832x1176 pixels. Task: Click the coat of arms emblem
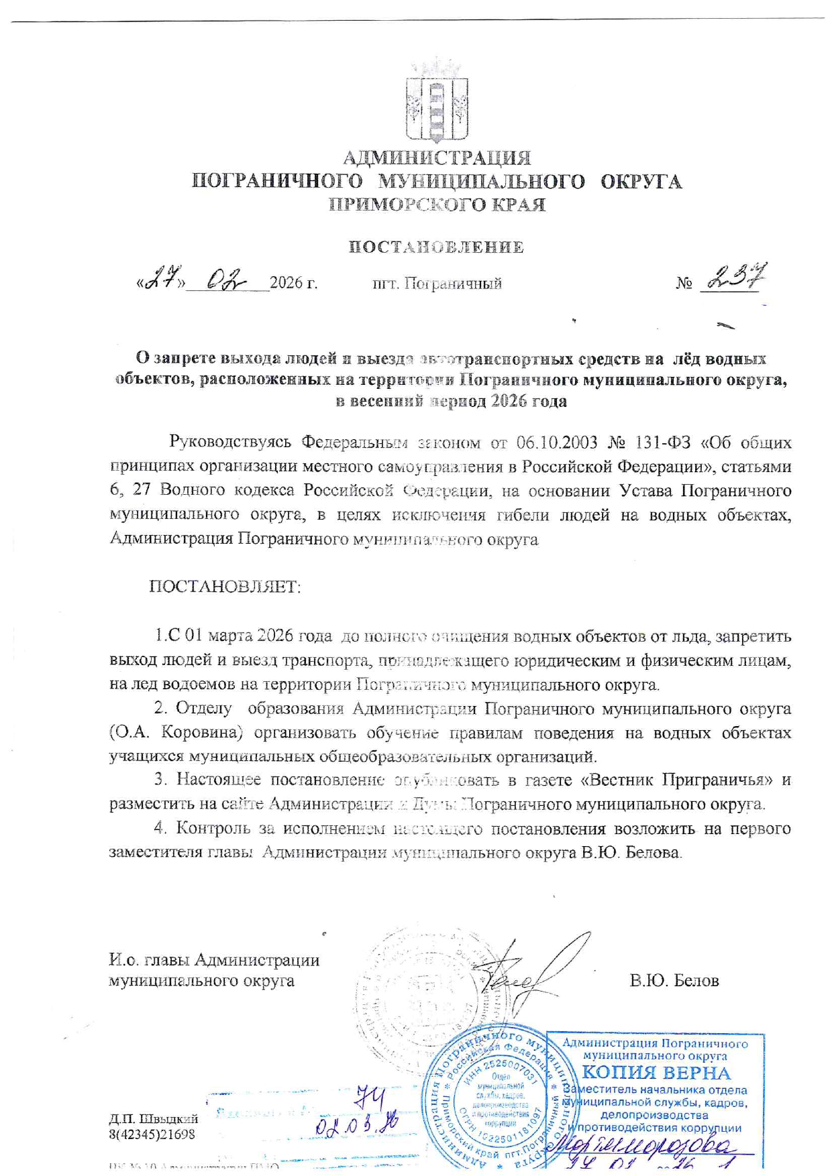point(436,101)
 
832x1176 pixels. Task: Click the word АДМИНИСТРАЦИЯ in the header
point(437,158)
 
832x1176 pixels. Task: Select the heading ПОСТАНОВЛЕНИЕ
point(436,247)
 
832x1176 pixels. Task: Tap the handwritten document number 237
point(737,277)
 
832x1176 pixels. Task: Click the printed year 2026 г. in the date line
point(293,284)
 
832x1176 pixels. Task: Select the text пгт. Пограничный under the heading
point(437,284)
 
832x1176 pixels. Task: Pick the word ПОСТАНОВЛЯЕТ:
point(225,587)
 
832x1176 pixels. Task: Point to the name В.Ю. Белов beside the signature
point(674,981)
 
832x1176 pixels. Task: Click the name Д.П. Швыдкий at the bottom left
point(154,1119)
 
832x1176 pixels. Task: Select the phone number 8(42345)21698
point(152,1134)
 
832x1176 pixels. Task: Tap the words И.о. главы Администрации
point(214,960)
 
